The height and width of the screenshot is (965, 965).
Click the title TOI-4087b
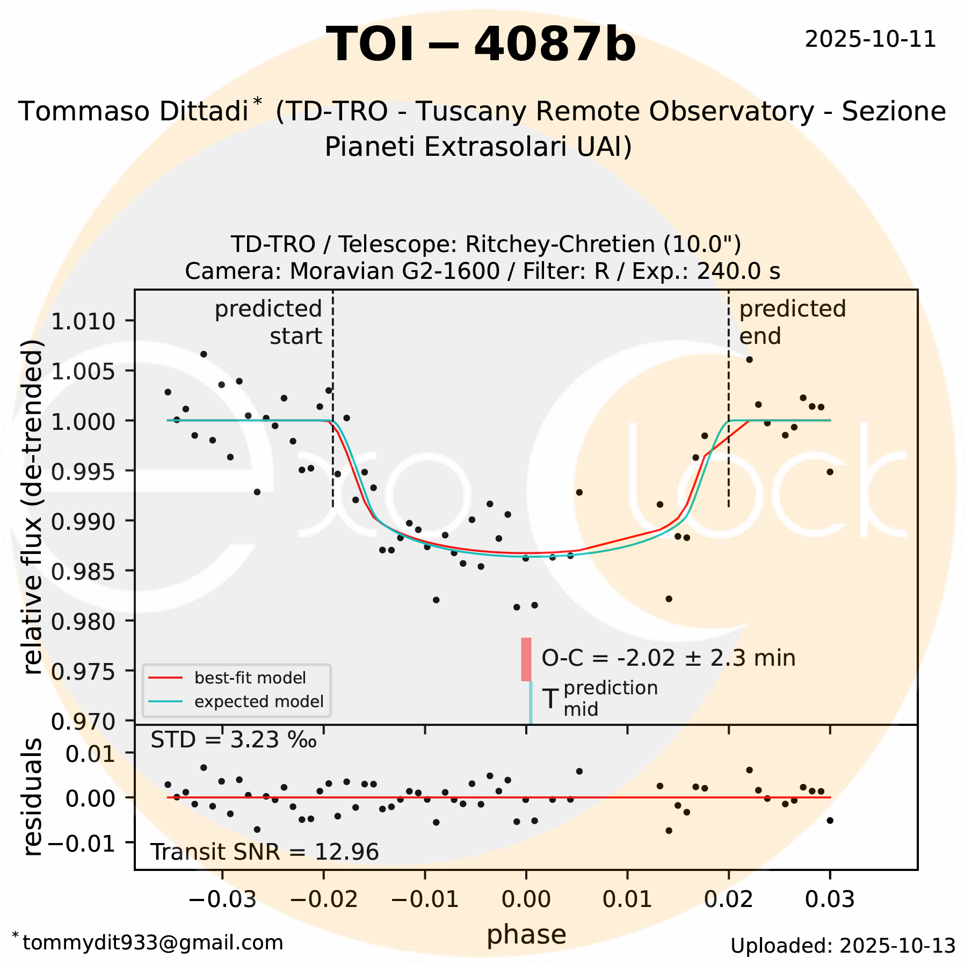[481, 45]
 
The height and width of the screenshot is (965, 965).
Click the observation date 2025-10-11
[870, 40]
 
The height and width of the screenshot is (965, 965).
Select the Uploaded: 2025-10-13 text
[843, 946]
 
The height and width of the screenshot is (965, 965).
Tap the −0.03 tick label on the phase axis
[222, 898]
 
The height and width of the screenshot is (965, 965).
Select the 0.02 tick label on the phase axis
[729, 898]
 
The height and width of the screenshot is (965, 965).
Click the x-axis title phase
[526, 935]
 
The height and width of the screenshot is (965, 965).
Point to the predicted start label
[269, 322]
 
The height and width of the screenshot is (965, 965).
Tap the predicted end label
[792, 322]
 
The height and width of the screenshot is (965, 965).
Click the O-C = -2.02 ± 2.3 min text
[668, 658]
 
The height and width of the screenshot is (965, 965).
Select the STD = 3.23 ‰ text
[234, 740]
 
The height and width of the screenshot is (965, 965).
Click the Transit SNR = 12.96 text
[264, 852]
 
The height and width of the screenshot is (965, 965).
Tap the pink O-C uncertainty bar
[526, 659]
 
